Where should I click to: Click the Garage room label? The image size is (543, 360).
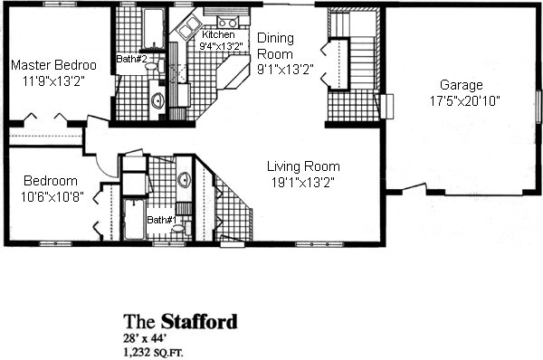pos(456,85)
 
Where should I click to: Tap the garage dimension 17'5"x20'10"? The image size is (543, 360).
pos(465,101)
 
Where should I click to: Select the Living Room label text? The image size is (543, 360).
pos(303,166)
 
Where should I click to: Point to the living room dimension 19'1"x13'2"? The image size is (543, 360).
pos(302,183)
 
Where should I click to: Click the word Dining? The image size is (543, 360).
pos(276,38)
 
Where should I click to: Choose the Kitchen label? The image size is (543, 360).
pos(218,34)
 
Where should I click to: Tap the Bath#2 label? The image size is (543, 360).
pos(131,59)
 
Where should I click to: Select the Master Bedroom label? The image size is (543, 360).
pos(53,65)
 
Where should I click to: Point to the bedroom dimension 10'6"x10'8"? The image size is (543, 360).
pos(52,197)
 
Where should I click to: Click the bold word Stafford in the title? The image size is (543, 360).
pos(199,322)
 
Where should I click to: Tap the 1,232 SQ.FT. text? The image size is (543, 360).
pos(154,353)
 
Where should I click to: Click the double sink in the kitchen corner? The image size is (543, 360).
pos(187,28)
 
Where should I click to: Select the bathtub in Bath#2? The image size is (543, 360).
pos(154,28)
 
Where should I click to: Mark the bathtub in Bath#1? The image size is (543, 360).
pos(134,219)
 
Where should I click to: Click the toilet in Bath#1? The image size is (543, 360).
pos(182,228)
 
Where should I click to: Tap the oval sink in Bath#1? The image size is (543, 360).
pos(185,180)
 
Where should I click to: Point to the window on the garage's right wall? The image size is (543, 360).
pos(538,106)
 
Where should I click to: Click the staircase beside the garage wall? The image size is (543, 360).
pos(363,63)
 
